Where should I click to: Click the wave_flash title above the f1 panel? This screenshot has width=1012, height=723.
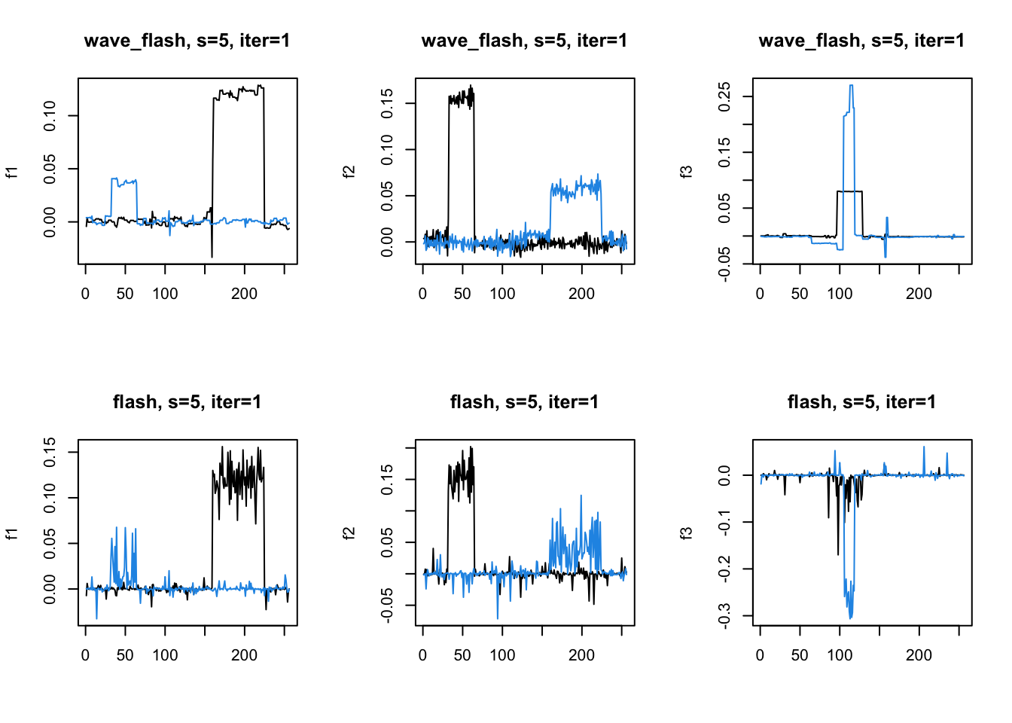pyautogui.click(x=187, y=41)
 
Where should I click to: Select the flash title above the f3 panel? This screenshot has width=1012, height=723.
pyautogui.click(x=861, y=402)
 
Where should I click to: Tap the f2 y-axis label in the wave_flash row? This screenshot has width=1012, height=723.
pyautogui.click(x=349, y=171)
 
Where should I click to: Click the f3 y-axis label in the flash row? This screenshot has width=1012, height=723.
pyautogui.click(x=686, y=532)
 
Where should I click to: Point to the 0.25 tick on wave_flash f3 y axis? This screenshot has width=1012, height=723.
pyautogui.click(x=724, y=96)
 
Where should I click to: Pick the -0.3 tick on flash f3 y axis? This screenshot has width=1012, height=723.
pyautogui.click(x=724, y=615)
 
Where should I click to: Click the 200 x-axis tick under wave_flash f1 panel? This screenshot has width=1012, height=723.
pyautogui.click(x=244, y=294)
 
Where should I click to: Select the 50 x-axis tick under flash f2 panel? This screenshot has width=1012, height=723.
pyautogui.click(x=462, y=655)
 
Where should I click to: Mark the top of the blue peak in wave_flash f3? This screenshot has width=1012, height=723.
pyautogui.click(x=851, y=85)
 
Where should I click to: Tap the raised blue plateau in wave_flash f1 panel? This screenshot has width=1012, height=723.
pyautogui.click(x=124, y=182)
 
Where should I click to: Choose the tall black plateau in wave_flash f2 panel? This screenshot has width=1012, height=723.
pyautogui.click(x=461, y=98)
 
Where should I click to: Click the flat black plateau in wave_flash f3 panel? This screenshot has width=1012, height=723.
pyautogui.click(x=850, y=191)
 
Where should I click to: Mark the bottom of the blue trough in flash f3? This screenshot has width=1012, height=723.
pyautogui.click(x=851, y=618)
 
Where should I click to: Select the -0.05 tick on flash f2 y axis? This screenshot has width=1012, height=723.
pyautogui.click(x=387, y=606)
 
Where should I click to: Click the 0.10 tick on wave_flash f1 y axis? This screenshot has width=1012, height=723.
pyautogui.click(x=50, y=115)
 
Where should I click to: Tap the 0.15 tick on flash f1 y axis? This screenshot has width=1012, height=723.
pyautogui.click(x=50, y=452)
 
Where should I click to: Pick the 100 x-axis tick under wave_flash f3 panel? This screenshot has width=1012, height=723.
pyautogui.click(x=840, y=294)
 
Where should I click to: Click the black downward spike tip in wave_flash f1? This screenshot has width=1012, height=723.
pyautogui.click(x=212, y=257)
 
